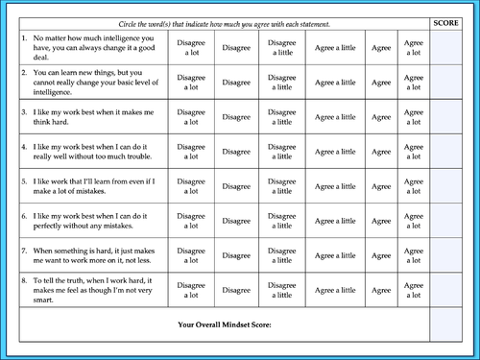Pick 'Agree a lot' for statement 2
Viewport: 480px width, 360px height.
pyautogui.click(x=414, y=80)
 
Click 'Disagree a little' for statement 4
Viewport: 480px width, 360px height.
pyautogui.click(x=281, y=151)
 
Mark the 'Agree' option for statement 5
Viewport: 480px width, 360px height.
pyautogui.click(x=380, y=185)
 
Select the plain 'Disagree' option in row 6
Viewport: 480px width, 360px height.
pyautogui.click(x=237, y=220)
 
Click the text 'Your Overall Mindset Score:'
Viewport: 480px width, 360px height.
pyautogui.click(x=225, y=324)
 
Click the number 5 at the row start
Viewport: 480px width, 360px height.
pyautogui.click(x=24, y=180)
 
